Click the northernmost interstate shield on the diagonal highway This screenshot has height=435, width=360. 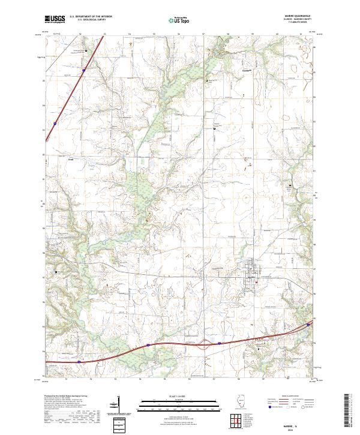[84, 70]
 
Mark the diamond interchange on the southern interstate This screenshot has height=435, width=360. [206, 344]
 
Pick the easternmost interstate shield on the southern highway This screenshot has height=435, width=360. [308, 325]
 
